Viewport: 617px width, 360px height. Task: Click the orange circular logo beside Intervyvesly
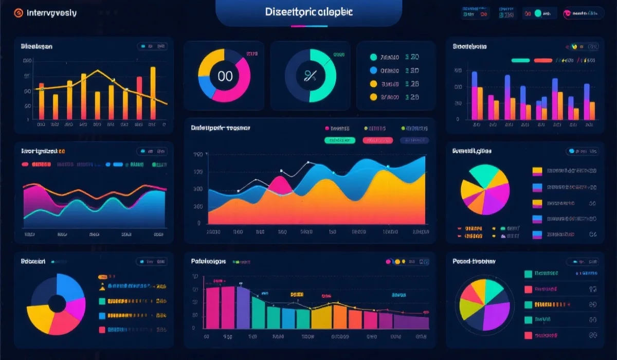(x=19, y=13)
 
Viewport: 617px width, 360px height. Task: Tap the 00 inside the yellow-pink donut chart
(x=225, y=76)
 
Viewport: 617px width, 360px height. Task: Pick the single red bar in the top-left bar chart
(x=139, y=98)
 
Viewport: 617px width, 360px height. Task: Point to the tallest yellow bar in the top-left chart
(x=153, y=93)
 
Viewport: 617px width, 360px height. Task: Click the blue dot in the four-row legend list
(x=373, y=70)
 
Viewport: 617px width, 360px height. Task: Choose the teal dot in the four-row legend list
(x=373, y=57)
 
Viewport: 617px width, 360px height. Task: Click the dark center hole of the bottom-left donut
(x=57, y=304)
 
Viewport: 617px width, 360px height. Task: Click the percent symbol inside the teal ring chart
(x=310, y=76)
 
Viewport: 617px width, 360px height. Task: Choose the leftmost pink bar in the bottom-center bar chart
(x=212, y=308)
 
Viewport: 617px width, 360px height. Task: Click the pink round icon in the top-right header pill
(x=568, y=14)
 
